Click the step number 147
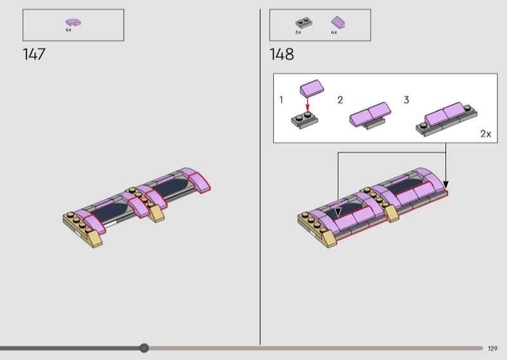[34, 54]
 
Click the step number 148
[281, 54]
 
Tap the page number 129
[492, 349]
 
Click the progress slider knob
[144, 348]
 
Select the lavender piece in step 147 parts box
[74, 22]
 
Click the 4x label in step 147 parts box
[68, 30]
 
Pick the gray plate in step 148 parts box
[304, 23]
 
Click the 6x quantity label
[298, 32]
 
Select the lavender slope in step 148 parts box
[338, 22]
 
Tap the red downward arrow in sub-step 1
[307, 104]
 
